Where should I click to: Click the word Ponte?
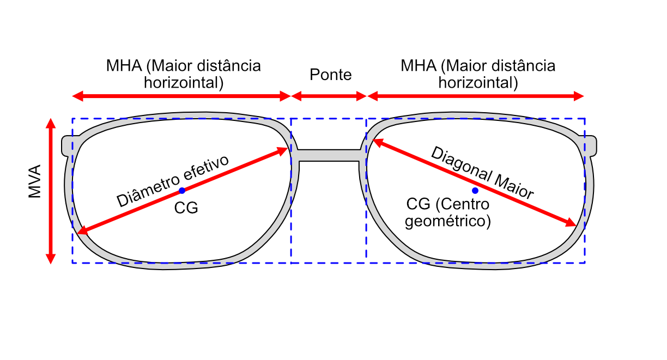point(330,75)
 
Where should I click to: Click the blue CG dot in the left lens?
point(182,191)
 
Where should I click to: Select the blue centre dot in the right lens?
point(475,191)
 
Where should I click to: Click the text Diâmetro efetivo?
point(173,180)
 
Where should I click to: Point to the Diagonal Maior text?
point(482,173)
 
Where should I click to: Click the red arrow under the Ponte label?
point(329,96)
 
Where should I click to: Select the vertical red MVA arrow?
point(51,191)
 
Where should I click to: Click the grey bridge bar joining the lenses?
point(329,155)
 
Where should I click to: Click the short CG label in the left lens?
point(186,208)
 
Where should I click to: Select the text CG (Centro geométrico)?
point(448,213)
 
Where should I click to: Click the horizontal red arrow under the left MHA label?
point(182,96)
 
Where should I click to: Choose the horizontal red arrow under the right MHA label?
point(476,96)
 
